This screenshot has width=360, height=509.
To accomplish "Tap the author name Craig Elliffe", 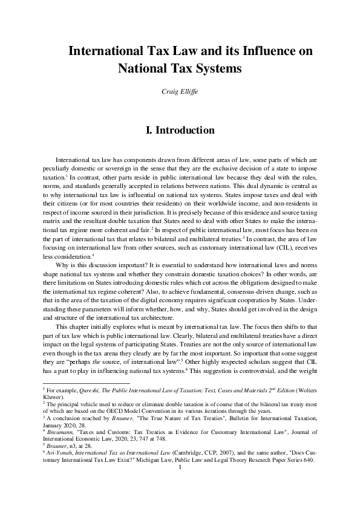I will pos(180,91).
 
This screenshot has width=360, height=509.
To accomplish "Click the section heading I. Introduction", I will pos(180,130).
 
